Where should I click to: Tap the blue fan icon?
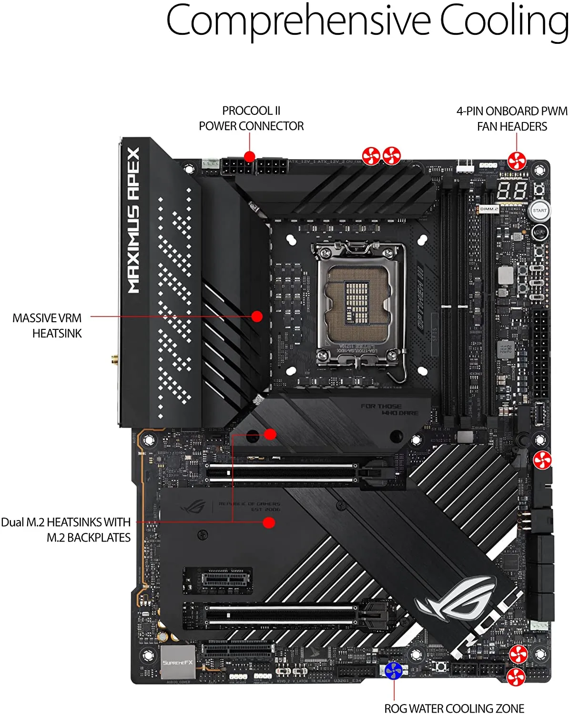click(394, 670)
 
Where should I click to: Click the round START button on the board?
click(539, 211)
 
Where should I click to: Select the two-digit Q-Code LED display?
click(512, 191)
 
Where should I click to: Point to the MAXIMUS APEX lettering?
click(133, 220)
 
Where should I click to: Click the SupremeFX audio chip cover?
click(178, 662)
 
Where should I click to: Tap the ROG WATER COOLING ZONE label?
click(454, 708)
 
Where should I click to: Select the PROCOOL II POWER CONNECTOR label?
click(251, 118)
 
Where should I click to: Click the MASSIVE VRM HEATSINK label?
click(47, 326)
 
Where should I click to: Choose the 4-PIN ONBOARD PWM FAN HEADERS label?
click(512, 119)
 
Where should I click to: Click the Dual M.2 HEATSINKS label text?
click(66, 530)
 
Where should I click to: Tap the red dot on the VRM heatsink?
click(257, 316)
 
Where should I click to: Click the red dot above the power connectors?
click(250, 156)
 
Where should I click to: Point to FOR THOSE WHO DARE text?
click(389, 409)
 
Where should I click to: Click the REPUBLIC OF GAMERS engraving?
click(249, 506)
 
